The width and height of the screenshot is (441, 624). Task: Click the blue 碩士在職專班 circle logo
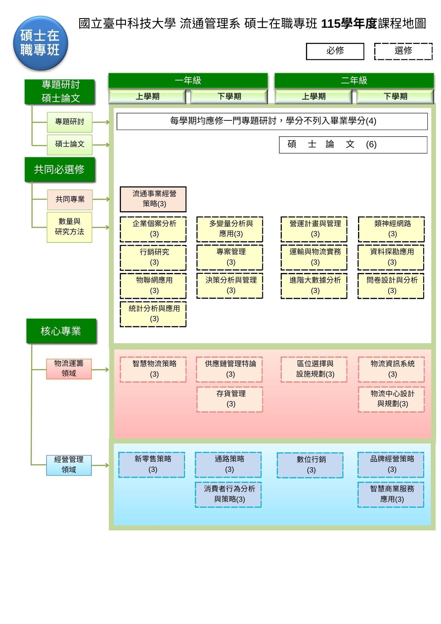point(41,43)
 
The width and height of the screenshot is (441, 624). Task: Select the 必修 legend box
point(335,51)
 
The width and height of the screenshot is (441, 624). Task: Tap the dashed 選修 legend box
point(403,51)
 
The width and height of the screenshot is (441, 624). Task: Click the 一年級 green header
point(188,80)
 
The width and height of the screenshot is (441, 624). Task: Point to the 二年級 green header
point(354,80)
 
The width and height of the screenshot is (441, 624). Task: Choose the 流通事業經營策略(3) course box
point(153,199)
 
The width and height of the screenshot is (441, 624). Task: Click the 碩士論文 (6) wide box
point(353,145)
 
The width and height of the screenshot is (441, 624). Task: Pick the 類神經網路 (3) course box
point(391,229)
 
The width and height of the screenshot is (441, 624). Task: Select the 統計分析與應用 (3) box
point(153,314)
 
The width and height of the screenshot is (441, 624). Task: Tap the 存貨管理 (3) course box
point(230,399)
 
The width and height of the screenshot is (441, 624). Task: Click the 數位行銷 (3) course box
point(310,465)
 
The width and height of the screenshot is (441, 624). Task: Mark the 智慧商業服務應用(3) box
point(391,495)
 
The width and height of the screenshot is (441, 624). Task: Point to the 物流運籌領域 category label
point(69,369)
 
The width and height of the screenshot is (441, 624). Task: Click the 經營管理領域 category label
point(69,465)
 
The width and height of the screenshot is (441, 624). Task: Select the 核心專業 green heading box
point(61,331)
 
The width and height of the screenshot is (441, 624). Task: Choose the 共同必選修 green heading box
point(60,169)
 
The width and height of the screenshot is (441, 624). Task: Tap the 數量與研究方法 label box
point(70,227)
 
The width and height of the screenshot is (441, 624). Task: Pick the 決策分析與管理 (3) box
point(230,286)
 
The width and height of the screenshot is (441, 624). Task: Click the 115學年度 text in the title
point(349,24)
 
